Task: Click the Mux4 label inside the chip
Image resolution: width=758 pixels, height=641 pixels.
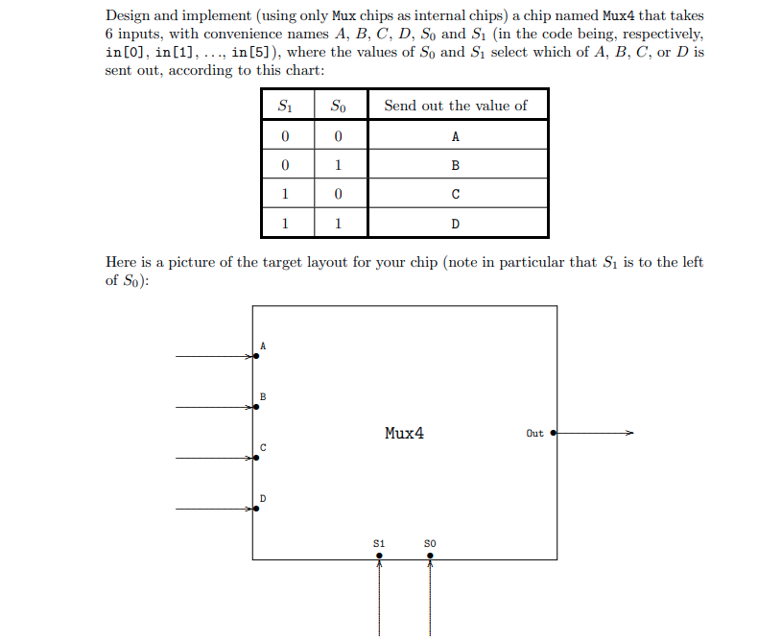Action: (x=404, y=433)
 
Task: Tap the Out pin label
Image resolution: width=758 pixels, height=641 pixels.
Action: (x=534, y=434)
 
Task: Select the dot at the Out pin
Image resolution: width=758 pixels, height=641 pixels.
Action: (x=554, y=434)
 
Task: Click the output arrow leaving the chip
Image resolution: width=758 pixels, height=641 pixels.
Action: (x=595, y=434)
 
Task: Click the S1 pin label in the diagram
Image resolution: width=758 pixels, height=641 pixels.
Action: (x=379, y=543)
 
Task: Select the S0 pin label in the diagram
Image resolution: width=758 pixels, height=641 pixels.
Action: (x=430, y=543)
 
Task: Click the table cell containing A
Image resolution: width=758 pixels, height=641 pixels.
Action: (x=456, y=135)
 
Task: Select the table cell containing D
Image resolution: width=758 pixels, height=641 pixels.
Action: (x=456, y=224)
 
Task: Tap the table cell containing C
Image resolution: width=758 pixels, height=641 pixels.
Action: (x=456, y=195)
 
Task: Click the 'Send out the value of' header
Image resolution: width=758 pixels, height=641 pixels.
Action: (x=456, y=106)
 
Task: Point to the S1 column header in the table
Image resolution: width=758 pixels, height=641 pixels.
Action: (x=285, y=106)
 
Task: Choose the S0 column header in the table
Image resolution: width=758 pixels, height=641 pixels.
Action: (x=339, y=106)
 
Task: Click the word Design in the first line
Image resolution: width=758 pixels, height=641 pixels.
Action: (x=130, y=16)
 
